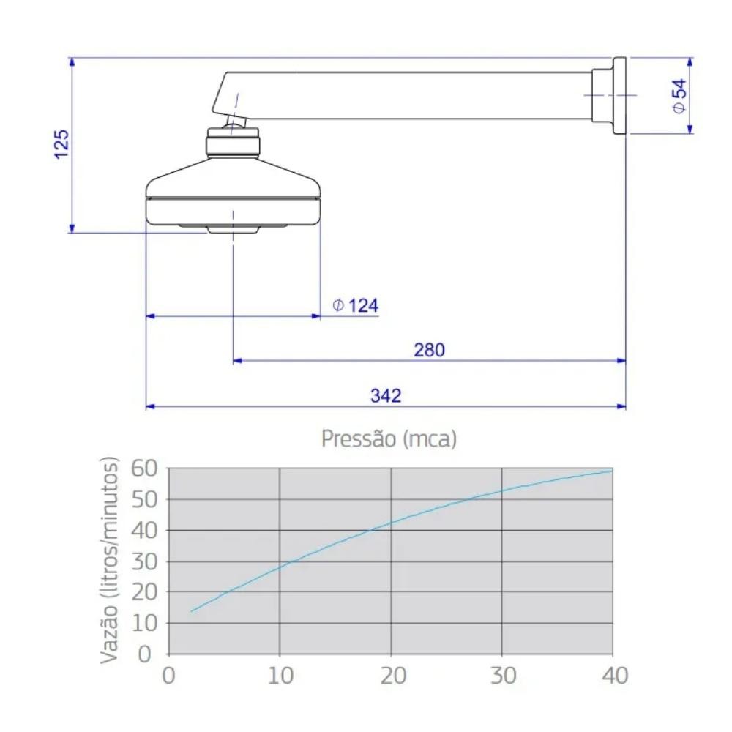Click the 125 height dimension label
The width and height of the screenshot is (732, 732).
(x=61, y=144)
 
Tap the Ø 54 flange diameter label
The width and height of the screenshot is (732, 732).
(x=680, y=96)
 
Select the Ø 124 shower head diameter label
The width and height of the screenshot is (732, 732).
(x=355, y=305)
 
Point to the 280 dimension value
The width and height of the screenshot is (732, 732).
(x=429, y=350)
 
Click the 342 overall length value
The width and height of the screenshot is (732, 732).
(x=386, y=395)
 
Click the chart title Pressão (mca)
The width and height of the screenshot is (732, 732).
(x=389, y=438)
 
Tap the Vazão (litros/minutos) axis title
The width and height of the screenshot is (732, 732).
(x=109, y=560)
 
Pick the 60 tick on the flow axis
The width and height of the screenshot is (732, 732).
(x=144, y=468)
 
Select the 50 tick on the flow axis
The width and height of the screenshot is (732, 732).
(x=144, y=499)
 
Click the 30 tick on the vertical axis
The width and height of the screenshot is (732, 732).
(x=144, y=561)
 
